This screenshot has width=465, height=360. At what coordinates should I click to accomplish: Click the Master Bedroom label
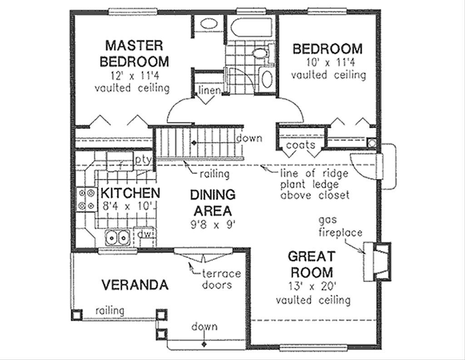coord(134,54)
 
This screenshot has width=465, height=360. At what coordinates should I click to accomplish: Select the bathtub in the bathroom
coord(251,28)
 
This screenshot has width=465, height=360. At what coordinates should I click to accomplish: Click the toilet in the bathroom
coord(261,53)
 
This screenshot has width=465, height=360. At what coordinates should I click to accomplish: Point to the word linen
coord(209,90)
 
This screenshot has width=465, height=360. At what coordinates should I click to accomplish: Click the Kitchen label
coord(130,193)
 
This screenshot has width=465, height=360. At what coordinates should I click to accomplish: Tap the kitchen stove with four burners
coord(86,199)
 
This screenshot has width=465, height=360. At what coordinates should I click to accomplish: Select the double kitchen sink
coord(118,237)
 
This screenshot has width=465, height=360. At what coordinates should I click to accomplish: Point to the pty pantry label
coord(143,160)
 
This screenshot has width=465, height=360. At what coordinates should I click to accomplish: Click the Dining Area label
coord(213,203)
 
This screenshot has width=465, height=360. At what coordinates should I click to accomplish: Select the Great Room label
coord(312,264)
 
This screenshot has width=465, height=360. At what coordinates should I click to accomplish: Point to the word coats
coord(301,145)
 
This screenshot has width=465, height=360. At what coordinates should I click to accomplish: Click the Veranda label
coord(135,285)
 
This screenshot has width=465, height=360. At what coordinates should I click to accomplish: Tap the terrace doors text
coord(221,279)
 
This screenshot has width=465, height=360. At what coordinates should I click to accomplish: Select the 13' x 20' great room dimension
coord(312,286)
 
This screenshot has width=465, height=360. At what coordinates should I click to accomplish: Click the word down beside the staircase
coord(249,138)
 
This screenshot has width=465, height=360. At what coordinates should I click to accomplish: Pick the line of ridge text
coord(314,173)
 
